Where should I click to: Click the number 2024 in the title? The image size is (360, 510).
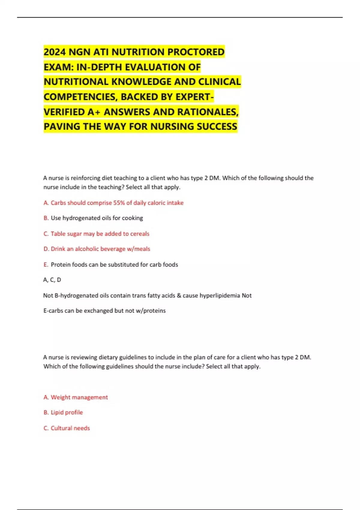[55, 52]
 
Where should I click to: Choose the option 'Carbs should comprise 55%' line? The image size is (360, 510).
[113, 203]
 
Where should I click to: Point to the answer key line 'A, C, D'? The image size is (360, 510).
[52, 280]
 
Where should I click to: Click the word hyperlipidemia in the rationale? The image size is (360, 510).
[220, 295]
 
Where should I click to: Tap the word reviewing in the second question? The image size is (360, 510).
[84, 357]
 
